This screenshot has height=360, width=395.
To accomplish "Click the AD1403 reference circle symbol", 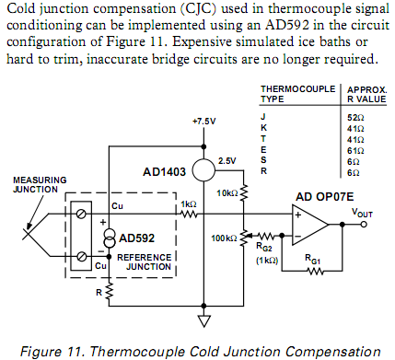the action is [203, 170].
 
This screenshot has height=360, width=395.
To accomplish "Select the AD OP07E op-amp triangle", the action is [309, 225].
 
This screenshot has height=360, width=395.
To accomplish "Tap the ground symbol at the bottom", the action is [203, 321].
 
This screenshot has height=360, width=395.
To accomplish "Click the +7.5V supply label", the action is [204, 122].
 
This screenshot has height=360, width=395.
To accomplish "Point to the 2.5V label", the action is [227, 161].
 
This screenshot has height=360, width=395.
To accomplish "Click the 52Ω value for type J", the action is [355, 118].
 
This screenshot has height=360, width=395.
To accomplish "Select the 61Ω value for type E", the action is [355, 151].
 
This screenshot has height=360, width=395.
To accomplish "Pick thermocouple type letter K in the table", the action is [263, 128].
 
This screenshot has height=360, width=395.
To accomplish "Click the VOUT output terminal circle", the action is [364, 225].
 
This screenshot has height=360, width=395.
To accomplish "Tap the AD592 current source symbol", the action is [110, 238].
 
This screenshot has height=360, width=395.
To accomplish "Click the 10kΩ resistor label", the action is [227, 193].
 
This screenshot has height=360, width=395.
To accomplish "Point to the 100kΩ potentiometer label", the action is [224, 238].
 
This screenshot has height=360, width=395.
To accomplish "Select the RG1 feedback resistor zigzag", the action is [314, 271].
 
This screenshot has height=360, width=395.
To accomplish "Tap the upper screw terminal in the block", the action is [81, 214].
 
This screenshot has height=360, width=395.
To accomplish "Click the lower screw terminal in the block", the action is [81, 256].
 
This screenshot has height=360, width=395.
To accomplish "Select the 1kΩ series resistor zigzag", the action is [189, 214].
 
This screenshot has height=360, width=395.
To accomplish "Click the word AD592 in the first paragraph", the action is [287, 25].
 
